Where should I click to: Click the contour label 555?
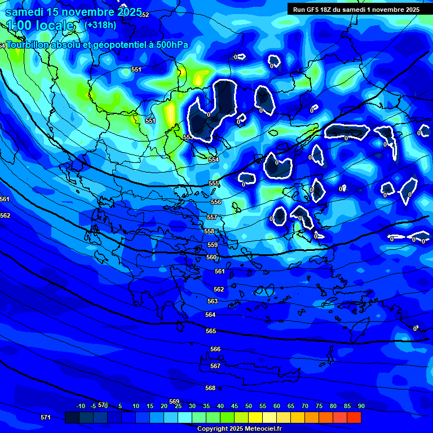[x=214, y=184]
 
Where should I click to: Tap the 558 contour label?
[x=209, y=232]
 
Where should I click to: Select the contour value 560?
[x=211, y=258]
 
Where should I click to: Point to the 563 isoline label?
[x=213, y=302]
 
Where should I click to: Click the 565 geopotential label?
[x=211, y=332]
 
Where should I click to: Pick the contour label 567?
[x=215, y=366]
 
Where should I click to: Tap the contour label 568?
[x=210, y=388]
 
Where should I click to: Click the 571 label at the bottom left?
[x=46, y=417]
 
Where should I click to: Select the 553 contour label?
[x=188, y=137]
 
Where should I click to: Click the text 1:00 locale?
[x=41, y=25]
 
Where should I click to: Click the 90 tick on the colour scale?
[x=361, y=406]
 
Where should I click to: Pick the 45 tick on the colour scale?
[x=235, y=406]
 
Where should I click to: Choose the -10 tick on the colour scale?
[x=81, y=406]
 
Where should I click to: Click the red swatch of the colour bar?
[x=354, y=417]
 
